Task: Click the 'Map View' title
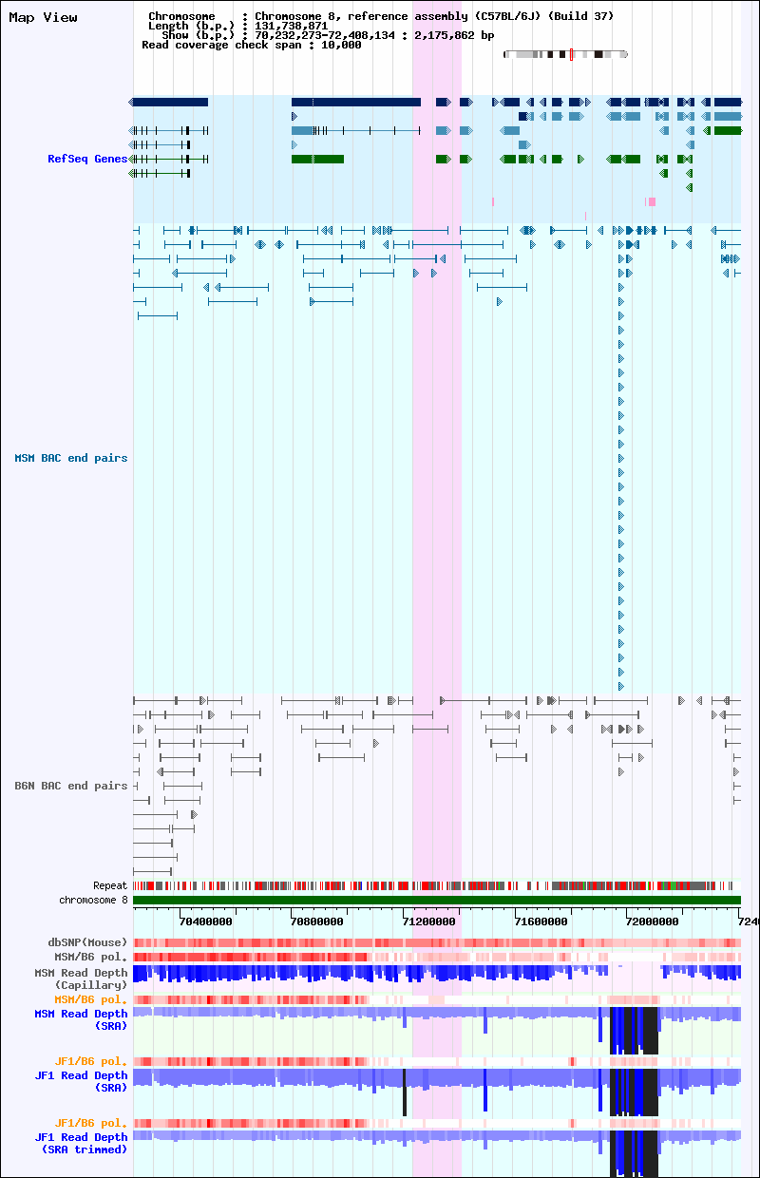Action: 43,17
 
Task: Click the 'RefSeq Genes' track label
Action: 87,159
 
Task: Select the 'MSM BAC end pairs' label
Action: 71,458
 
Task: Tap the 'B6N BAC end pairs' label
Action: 71,786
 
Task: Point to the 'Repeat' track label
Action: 110,885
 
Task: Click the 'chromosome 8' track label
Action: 93,900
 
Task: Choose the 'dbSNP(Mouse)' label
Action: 87,941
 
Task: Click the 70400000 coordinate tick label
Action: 205,921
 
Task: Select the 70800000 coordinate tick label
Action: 316,921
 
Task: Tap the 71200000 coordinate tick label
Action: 428,921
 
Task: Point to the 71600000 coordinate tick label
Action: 541,921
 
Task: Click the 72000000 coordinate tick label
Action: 653,921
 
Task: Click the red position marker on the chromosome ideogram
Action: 571,54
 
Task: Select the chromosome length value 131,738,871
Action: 292,26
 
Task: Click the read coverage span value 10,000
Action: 341,46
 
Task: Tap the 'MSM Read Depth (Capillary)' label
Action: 81,978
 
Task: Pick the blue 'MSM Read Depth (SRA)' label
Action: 81,1019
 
